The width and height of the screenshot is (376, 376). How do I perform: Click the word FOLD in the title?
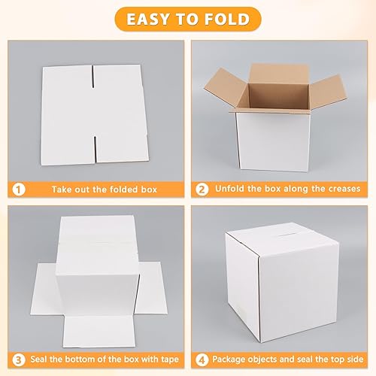pyautogui.click(x=229, y=18)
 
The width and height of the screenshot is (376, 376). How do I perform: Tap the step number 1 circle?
pyautogui.click(x=18, y=189)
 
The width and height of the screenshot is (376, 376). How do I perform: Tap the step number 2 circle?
pyautogui.click(x=202, y=189)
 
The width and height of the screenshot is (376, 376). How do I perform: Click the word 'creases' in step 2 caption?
pyautogui.click(x=339, y=190)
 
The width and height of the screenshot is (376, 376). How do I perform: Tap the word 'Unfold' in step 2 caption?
pyautogui.click(x=232, y=190)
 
